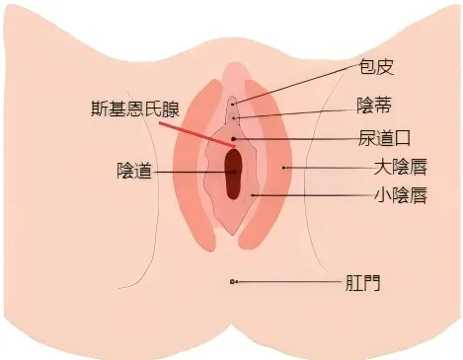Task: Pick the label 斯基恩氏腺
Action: (130, 108)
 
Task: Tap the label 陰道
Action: (134, 171)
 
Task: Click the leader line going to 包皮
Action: (296, 85)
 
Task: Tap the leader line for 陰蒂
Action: (296, 110)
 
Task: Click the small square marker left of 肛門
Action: (232, 282)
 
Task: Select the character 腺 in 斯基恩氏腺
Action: (170, 108)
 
